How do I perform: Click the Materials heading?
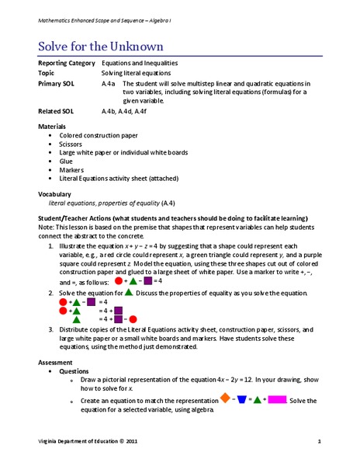pyautogui.click(x=52, y=126)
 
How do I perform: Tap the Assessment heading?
pyautogui.click(x=56, y=363)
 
